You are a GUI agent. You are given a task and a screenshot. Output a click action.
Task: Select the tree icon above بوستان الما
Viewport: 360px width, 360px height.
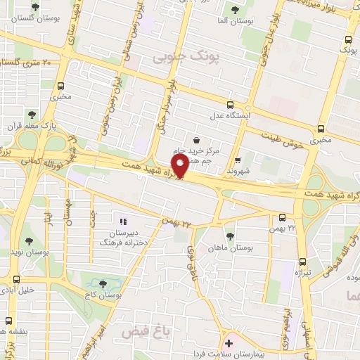click(234, 11)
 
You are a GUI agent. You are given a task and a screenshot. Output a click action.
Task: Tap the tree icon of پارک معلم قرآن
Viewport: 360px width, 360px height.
click(30, 115)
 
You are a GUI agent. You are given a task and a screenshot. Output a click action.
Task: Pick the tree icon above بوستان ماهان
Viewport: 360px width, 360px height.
click(230, 236)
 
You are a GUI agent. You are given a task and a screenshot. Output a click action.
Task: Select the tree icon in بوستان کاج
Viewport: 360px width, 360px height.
click(103, 283)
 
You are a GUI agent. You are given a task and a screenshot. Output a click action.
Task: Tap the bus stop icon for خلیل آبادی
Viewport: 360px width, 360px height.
click(8, 289)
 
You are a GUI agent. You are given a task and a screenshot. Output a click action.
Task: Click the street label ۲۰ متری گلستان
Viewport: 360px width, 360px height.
click(27, 63)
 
